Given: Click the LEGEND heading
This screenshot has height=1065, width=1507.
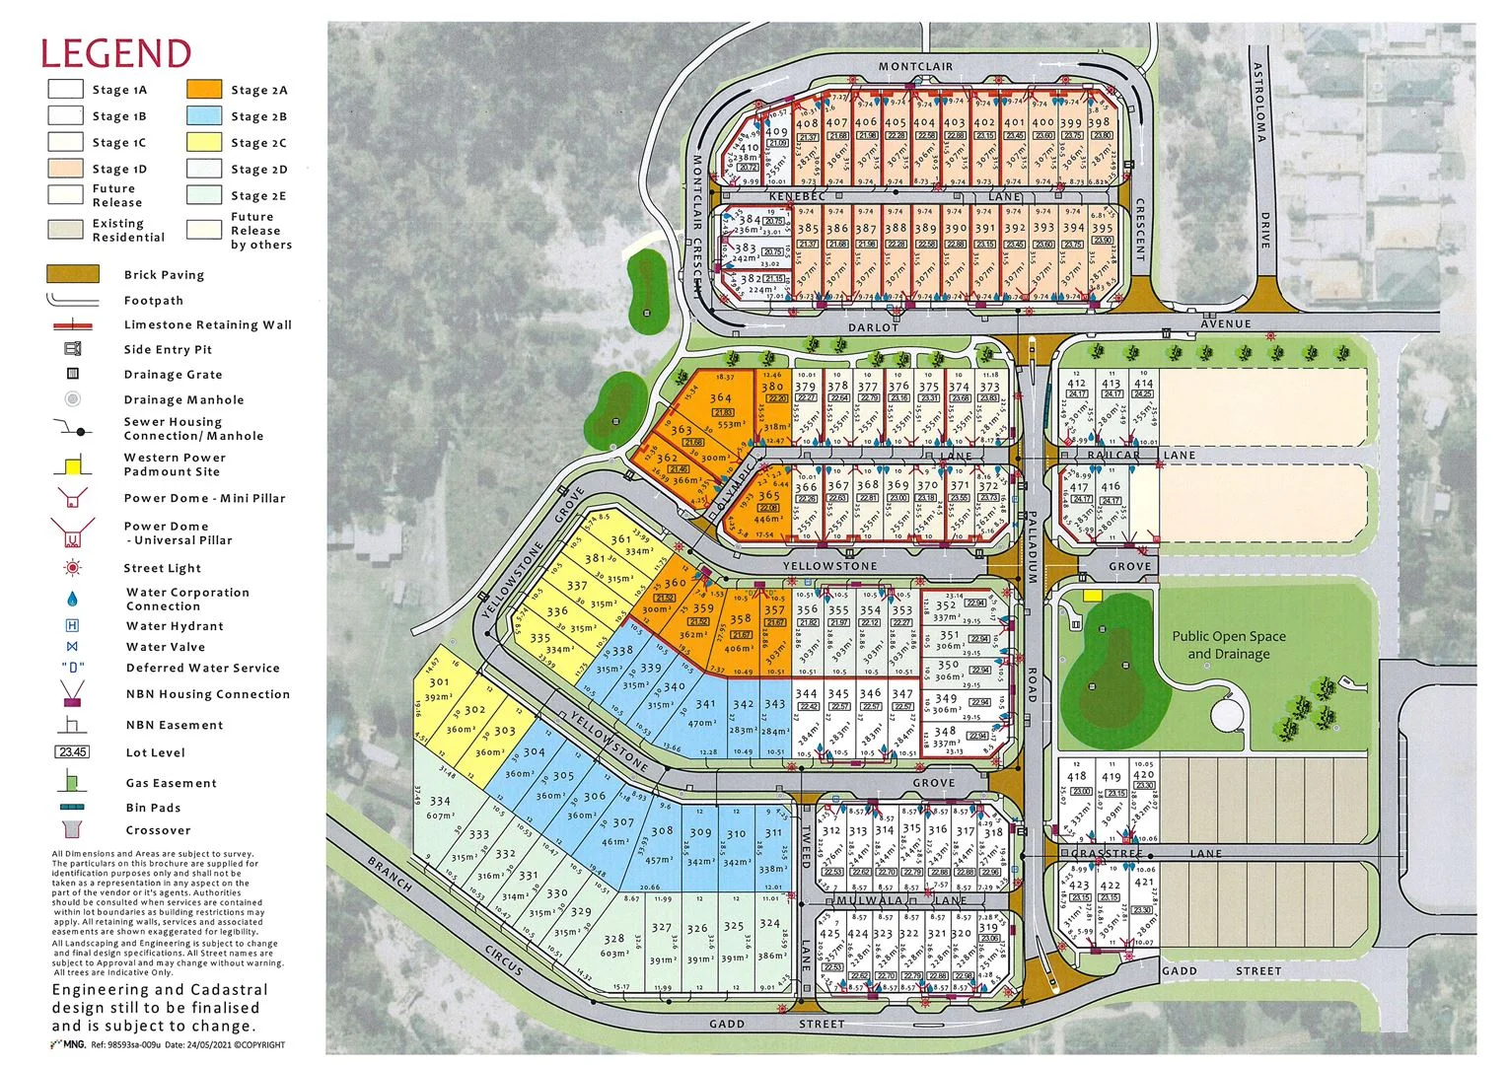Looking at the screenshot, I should click(115, 52).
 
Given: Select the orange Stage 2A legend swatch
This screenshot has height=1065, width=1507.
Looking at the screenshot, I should click(204, 89).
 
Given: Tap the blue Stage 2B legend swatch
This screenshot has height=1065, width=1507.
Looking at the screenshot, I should click(204, 115).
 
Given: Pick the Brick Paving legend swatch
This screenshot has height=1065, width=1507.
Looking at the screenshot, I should click(73, 274).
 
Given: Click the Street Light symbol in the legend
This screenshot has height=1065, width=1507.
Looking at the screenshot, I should click(72, 568).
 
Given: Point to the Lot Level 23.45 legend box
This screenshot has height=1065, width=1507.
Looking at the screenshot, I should click(73, 752).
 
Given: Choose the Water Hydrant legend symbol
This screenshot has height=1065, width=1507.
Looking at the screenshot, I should click(72, 625).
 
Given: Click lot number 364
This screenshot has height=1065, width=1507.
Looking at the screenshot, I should click(720, 398).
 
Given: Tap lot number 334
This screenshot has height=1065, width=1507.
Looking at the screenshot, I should click(440, 801).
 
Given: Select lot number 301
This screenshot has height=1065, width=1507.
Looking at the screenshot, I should click(439, 681).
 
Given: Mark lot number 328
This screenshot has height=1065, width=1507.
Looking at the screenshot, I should click(613, 940).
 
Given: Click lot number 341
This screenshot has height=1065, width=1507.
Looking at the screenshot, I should click(705, 704).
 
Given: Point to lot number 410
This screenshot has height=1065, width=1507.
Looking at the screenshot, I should click(749, 148).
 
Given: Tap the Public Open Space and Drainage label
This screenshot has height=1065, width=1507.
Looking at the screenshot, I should click(1228, 645).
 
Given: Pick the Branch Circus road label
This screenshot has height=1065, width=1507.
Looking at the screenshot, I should click(444, 915).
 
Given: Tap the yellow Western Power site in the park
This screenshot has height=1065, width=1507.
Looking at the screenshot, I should click(1092, 596).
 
